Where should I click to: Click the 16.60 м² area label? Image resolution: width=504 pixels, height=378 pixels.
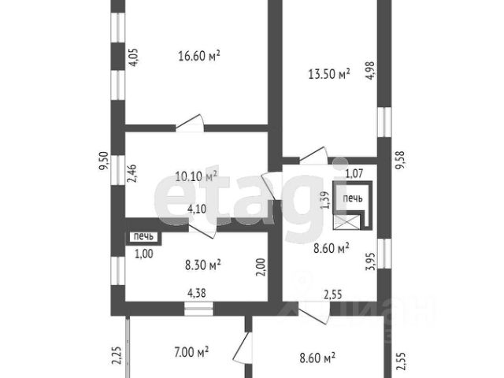[x=199, y=56]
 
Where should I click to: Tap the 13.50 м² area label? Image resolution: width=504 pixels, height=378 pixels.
[x=329, y=74]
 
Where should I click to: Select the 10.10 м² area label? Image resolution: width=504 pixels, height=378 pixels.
[x=196, y=176]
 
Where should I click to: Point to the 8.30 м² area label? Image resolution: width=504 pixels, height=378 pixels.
[x=203, y=265]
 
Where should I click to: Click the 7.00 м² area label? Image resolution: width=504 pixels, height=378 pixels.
[x=191, y=352]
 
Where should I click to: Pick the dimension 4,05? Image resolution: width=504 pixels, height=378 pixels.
[x=133, y=57]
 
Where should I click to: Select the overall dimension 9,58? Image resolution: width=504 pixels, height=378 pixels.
[x=401, y=161]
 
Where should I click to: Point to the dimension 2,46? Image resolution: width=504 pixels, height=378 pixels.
[x=132, y=173]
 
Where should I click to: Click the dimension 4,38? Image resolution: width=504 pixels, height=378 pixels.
[x=196, y=293]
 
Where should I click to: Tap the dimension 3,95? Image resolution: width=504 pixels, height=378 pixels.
[x=370, y=262]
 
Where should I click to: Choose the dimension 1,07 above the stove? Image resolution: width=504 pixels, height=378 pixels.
[x=354, y=174]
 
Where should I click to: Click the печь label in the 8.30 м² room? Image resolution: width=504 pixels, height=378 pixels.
[x=143, y=237]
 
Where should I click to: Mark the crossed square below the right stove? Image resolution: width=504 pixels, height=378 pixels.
[x=346, y=222]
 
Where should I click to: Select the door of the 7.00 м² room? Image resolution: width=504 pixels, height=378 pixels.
[x=243, y=348]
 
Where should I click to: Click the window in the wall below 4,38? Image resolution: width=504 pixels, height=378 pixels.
[x=198, y=309]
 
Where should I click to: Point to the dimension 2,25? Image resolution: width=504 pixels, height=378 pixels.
[x=117, y=355]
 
